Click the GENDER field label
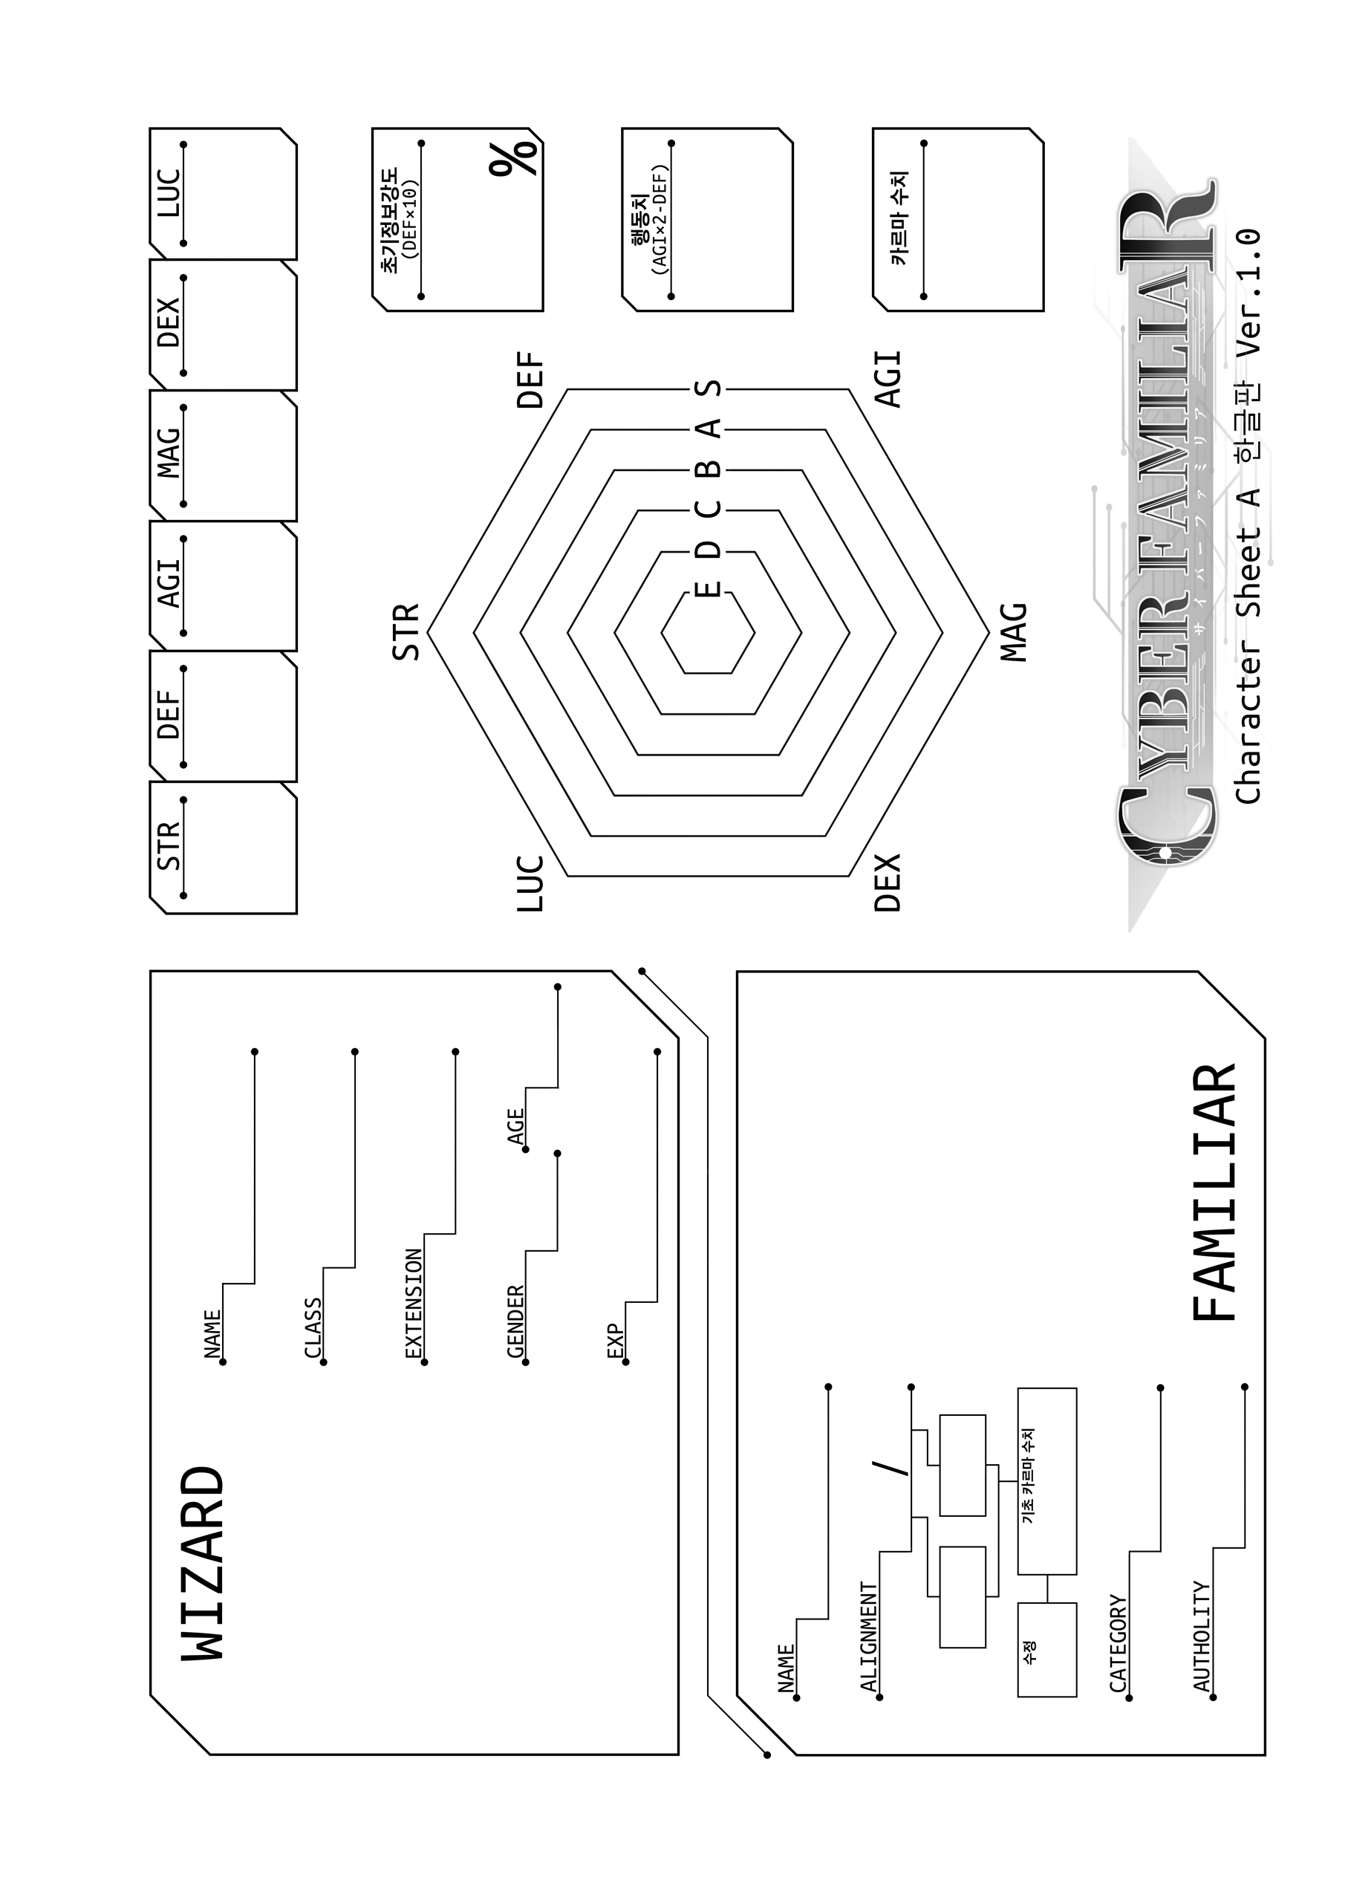515,1323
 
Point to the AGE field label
515,1126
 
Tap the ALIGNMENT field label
868,1637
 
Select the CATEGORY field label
1118,1643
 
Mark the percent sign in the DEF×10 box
514,158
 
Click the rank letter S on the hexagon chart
709,389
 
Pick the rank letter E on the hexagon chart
709,590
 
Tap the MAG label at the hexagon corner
1014,632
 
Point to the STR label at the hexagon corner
406,633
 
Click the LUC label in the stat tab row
169,193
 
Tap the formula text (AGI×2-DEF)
660,220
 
